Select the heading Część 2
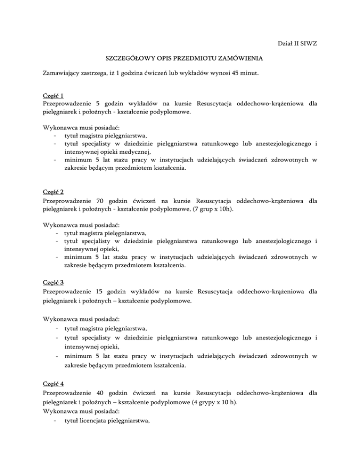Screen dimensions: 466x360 [53, 191]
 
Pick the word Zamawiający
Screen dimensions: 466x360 [64, 74]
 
